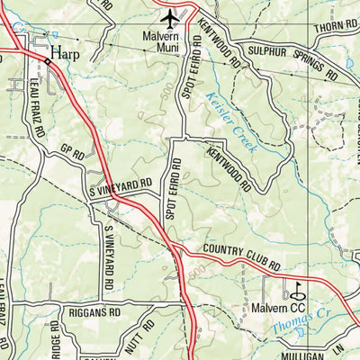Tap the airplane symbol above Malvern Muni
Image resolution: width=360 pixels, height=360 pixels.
pos(169,17)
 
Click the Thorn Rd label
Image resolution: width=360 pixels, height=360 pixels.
pos(337,28)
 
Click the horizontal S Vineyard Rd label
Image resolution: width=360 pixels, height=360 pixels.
pos(120,185)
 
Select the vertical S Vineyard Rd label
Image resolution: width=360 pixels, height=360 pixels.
pos(107,262)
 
